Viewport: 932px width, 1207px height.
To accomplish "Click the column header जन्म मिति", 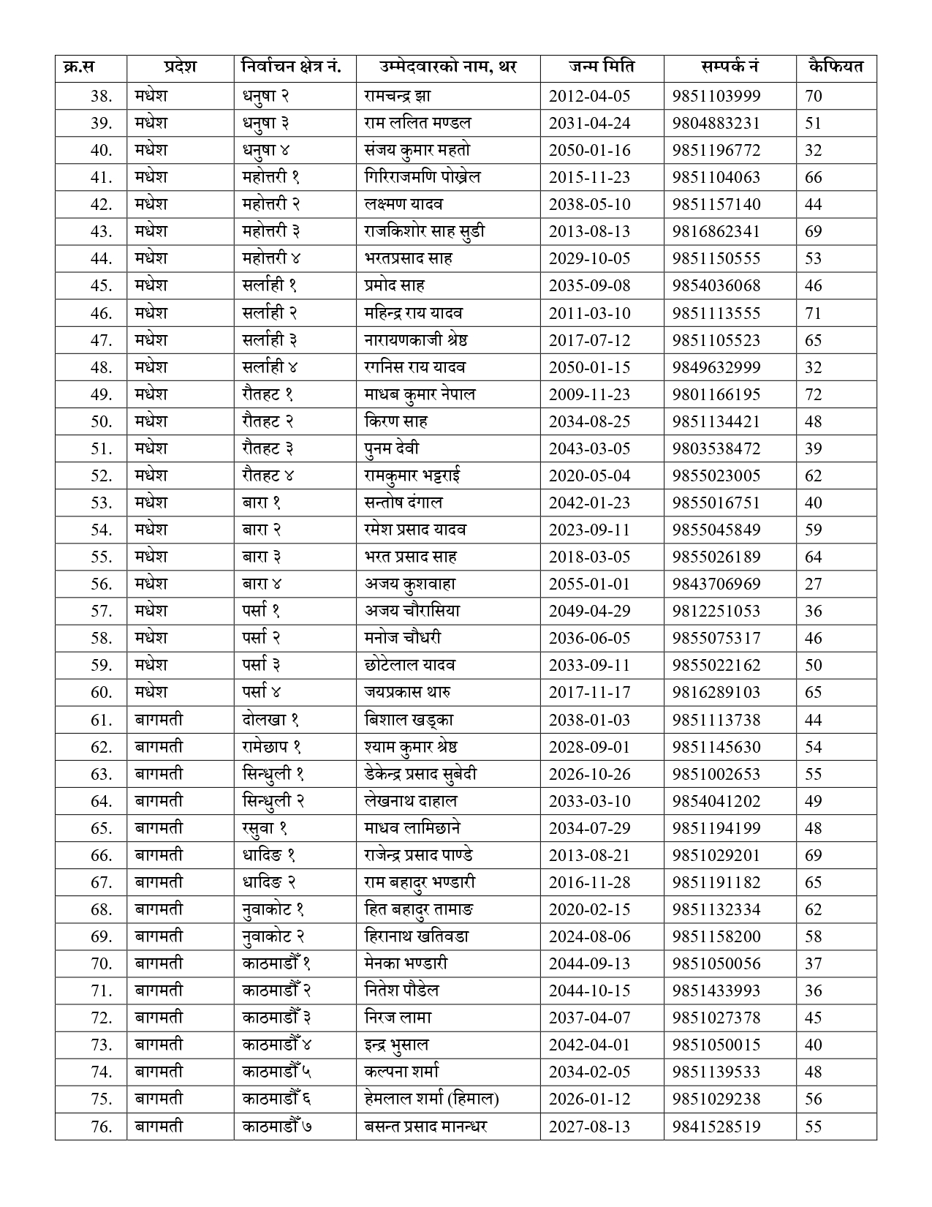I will click(x=602, y=67).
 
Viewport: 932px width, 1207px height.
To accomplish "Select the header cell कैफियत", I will click(x=836, y=67).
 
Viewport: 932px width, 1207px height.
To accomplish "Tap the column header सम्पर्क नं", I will click(x=730, y=67).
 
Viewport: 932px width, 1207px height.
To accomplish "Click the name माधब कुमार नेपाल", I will click(x=420, y=394).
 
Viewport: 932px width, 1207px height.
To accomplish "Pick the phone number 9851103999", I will click(x=716, y=96).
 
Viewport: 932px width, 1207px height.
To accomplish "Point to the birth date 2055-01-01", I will click(x=589, y=584).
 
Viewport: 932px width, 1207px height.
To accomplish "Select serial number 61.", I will click(x=102, y=720).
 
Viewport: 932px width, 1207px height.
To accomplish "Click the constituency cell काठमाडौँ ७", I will click(x=277, y=1126).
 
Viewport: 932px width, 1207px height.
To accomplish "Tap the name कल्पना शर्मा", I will click(x=402, y=1072).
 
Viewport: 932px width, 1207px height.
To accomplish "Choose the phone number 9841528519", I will click(x=716, y=1126).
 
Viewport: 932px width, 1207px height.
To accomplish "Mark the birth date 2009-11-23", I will click(x=589, y=394).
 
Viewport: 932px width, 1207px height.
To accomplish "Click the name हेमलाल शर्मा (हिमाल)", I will click(x=431, y=1099).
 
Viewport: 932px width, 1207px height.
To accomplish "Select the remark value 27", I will click(x=814, y=584).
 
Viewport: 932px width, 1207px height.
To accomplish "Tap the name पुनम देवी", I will click(x=392, y=448).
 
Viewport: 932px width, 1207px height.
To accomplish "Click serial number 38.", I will click(x=102, y=96).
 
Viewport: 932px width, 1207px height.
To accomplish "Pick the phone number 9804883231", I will click(x=716, y=123).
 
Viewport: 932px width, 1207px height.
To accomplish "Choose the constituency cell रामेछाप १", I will click(x=272, y=747).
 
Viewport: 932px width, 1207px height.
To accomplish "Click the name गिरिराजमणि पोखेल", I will click(x=422, y=177).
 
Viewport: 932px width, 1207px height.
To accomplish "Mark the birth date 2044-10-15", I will click(x=589, y=990).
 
